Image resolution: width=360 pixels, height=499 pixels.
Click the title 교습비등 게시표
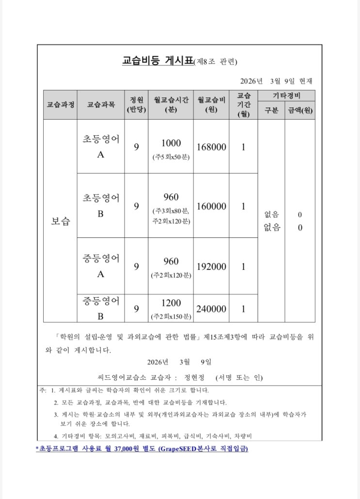[x=157, y=62]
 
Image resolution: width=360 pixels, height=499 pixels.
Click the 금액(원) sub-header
[x=300, y=110]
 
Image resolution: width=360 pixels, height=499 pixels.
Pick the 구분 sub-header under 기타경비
[x=271, y=110]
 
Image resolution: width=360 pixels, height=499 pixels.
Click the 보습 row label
[x=60, y=221]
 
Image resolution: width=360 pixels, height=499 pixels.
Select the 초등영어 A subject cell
[x=101, y=146]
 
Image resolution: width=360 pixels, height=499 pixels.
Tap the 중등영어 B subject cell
[x=101, y=309]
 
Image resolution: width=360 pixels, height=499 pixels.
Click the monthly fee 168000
[x=211, y=147]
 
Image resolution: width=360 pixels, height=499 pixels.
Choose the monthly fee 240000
[x=211, y=309]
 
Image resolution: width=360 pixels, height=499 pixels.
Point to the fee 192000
[x=211, y=266]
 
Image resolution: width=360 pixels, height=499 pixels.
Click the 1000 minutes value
[x=171, y=143]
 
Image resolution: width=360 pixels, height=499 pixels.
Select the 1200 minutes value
[x=171, y=303]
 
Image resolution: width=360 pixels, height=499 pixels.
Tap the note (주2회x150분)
[x=171, y=317]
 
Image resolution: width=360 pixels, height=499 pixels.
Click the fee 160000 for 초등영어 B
[x=211, y=206]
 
